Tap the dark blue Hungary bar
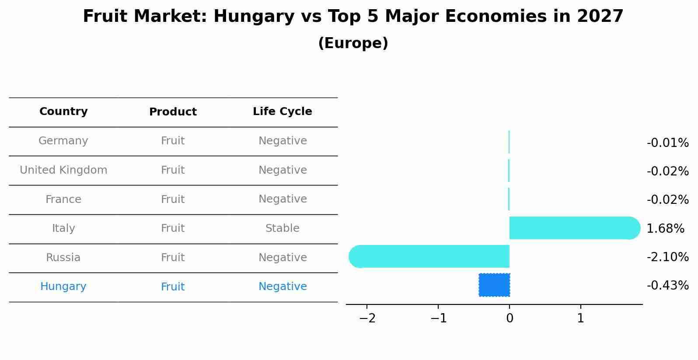click(x=494, y=285)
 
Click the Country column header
click(x=63, y=112)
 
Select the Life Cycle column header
click(x=282, y=112)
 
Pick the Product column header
click(x=173, y=112)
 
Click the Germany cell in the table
click(x=63, y=141)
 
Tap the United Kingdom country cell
click(x=63, y=170)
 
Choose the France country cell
click(x=63, y=199)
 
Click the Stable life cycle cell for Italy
click(x=282, y=228)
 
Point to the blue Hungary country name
click(x=63, y=287)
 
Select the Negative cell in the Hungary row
click(x=283, y=287)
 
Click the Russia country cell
click(x=63, y=258)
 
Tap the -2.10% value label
click(x=667, y=257)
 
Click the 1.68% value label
click(x=665, y=228)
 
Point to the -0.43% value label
click(x=667, y=286)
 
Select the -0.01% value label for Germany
click(x=667, y=143)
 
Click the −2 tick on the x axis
click(x=367, y=318)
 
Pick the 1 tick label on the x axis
click(x=580, y=318)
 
